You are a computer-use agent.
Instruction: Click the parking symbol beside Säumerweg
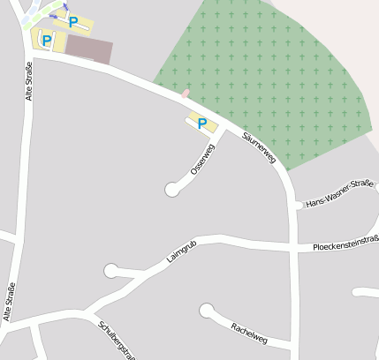(x=202, y=124)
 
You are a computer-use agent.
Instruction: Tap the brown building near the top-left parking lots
(x=89, y=49)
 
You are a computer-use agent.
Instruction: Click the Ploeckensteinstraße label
(x=345, y=244)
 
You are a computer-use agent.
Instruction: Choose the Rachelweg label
(x=248, y=333)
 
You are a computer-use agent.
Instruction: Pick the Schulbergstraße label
(x=117, y=341)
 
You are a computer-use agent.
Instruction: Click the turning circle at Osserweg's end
(x=172, y=189)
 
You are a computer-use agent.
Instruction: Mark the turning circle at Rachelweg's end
(x=207, y=311)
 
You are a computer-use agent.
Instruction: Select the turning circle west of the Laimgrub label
(x=110, y=270)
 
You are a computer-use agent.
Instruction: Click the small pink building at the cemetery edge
(x=186, y=93)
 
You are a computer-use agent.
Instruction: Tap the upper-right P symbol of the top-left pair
(x=73, y=22)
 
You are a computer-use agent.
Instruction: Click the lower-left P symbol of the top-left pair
(x=46, y=40)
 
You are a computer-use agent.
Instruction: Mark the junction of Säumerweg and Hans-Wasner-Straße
(x=295, y=205)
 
